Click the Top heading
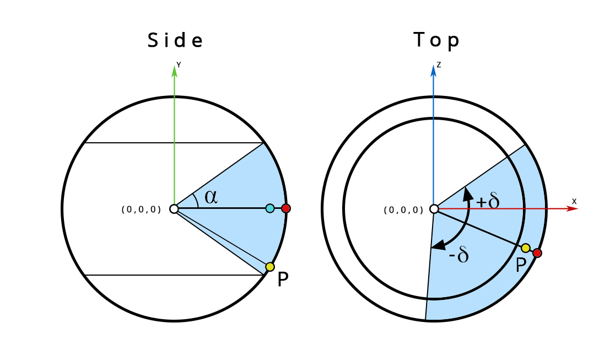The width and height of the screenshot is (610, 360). point(436,40)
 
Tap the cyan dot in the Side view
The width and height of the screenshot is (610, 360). point(270,208)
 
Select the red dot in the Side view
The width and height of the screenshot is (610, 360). point(286,208)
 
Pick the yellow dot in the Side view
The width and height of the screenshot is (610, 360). point(269,267)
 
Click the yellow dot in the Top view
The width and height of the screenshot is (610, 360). point(526,248)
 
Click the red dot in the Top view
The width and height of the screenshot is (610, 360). point(537,253)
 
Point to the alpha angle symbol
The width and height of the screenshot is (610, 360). point(210,196)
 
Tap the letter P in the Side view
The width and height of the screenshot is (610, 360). point(283,280)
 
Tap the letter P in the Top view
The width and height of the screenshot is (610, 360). point(521,266)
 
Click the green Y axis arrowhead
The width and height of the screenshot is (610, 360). point(175,69)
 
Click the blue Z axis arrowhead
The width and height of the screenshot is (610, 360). point(434,69)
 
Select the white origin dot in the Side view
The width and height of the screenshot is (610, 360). point(174,209)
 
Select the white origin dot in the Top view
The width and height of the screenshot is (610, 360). point(434,209)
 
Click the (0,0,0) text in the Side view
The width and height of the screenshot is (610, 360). point(141,209)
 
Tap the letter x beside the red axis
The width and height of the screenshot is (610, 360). point(574,202)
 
